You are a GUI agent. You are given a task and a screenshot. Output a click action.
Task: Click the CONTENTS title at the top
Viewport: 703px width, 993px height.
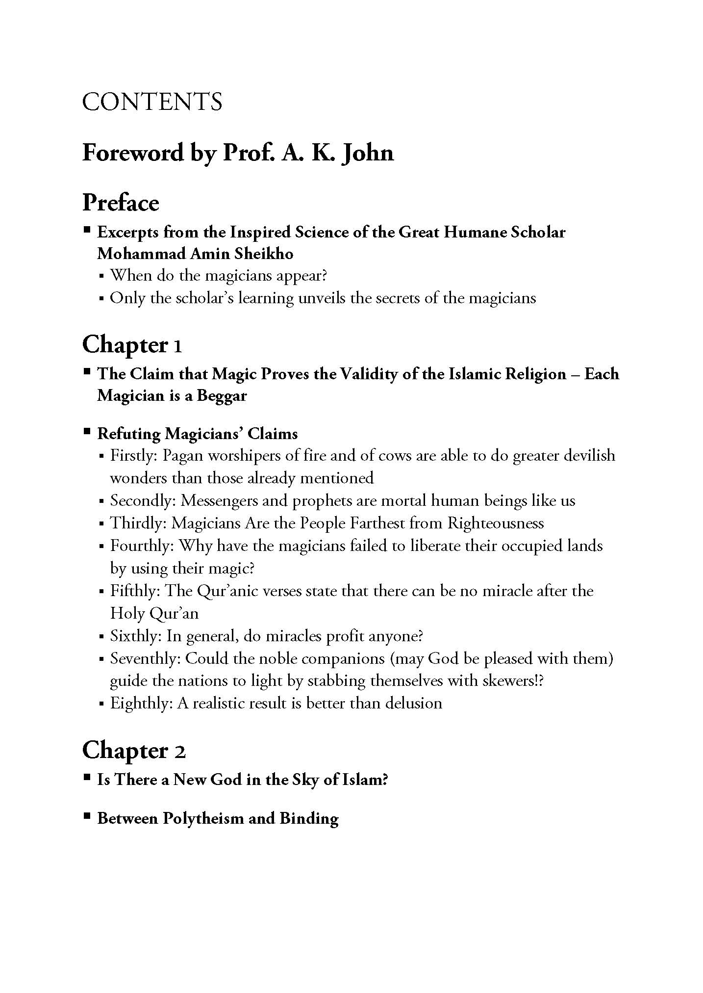pos(152,102)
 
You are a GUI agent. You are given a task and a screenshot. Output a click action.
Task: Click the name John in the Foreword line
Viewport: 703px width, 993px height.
pos(367,153)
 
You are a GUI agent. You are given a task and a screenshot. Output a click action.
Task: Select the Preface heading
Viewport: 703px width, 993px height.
pos(121,203)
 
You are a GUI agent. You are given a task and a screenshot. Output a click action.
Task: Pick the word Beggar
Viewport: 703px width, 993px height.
pos(222,395)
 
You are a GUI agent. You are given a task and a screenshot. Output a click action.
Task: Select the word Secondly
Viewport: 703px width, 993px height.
pos(142,501)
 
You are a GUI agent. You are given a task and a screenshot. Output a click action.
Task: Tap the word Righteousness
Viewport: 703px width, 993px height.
pos(495,523)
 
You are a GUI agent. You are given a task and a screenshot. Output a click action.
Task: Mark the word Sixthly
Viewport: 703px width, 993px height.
pos(135,636)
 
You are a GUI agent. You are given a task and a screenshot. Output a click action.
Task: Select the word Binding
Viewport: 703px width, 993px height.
pos(309,818)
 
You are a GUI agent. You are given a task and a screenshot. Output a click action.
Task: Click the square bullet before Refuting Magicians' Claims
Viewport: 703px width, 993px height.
pos(87,432)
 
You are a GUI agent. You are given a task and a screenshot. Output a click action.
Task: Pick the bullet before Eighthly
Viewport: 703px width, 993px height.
pos(101,704)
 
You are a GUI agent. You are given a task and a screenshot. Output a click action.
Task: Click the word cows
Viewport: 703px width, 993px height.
pos(392,456)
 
